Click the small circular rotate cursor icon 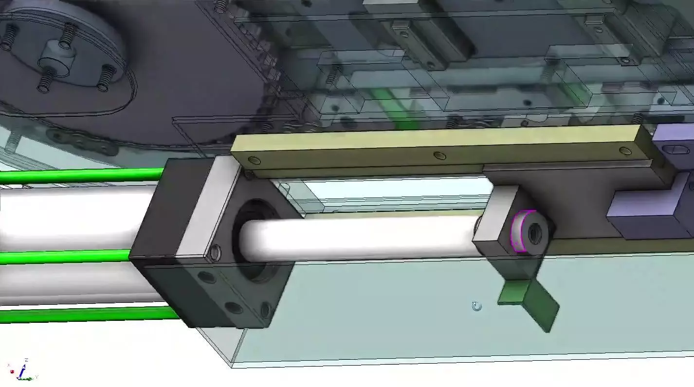click(477, 306)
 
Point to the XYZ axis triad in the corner click(22, 371)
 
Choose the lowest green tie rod click(88, 315)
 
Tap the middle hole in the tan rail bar click(439, 156)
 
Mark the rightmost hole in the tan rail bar click(625, 150)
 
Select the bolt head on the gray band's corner click(214, 252)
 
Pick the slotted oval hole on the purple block click(680, 149)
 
